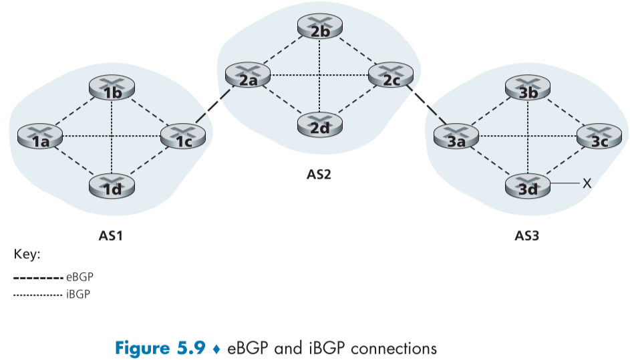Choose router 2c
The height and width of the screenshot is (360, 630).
[x=391, y=76]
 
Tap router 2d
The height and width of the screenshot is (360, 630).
[x=321, y=124]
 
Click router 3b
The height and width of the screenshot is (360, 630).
[x=528, y=88]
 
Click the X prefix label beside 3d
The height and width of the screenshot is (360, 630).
[x=586, y=183]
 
